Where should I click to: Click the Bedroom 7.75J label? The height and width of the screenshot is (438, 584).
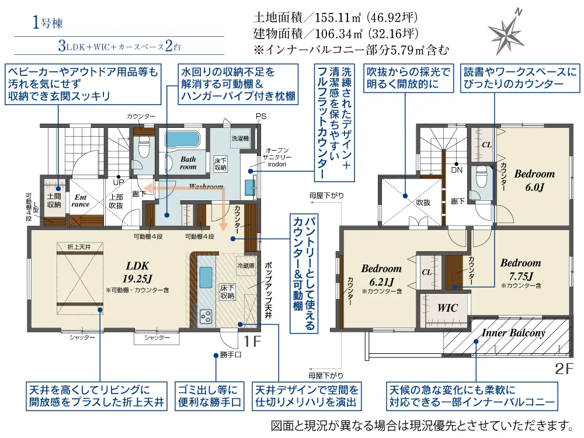click(x=520, y=269)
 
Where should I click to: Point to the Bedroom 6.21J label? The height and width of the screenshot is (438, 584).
click(x=381, y=274)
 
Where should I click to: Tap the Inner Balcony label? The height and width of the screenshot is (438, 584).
click(x=513, y=333)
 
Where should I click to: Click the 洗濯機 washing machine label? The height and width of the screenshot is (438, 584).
click(x=239, y=139)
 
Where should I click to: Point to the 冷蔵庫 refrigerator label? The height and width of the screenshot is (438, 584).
click(x=246, y=265)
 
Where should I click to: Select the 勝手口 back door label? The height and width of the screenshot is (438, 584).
click(x=231, y=354)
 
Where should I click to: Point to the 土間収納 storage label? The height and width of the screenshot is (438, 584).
click(x=54, y=201)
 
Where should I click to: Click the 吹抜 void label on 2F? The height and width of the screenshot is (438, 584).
click(x=423, y=202)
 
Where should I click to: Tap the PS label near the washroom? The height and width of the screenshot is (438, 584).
click(x=260, y=116)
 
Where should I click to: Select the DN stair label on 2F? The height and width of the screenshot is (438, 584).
click(x=457, y=170)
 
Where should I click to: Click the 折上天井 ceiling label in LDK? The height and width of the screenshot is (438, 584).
click(x=79, y=247)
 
